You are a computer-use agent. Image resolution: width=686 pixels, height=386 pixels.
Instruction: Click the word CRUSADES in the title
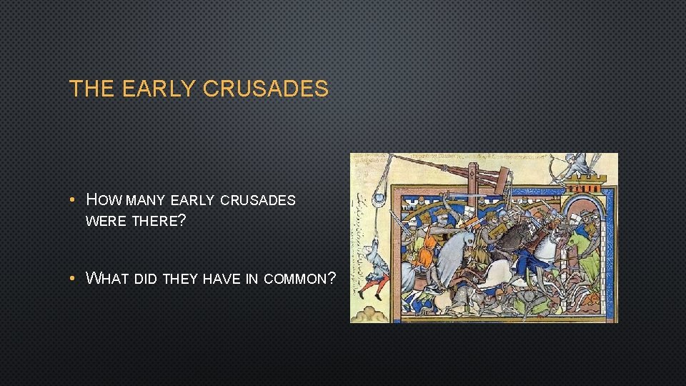pos(266,89)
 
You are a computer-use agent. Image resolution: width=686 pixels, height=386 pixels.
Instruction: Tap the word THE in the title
pos(92,89)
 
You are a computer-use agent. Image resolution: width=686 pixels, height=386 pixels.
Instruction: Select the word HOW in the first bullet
pos(103,199)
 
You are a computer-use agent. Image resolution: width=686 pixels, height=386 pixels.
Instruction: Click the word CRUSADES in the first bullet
pos(258,200)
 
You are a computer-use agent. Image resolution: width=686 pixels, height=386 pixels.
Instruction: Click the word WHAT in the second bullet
pos(107,278)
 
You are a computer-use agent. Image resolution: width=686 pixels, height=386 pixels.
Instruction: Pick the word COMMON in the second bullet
pos(294,279)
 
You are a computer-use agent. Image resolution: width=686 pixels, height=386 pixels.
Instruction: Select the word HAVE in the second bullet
pos(222,279)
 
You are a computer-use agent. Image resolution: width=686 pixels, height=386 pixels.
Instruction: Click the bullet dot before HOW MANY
pos(74,200)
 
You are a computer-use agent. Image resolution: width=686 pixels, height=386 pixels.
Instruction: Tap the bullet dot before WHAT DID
pos(74,279)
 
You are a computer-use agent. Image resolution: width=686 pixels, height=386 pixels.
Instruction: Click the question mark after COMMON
pos(331,278)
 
